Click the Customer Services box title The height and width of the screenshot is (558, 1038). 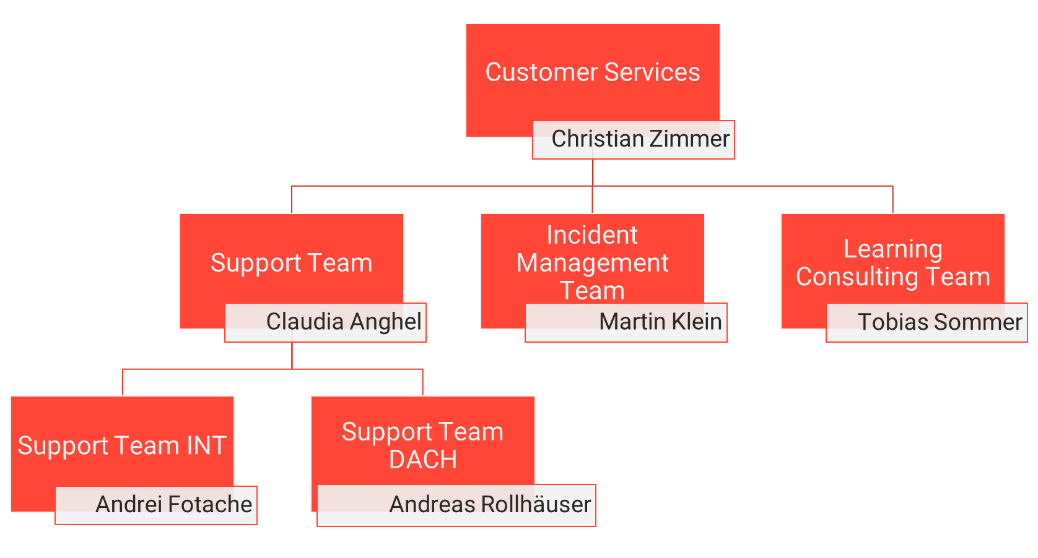(x=592, y=72)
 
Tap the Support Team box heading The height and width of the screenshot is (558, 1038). (x=291, y=263)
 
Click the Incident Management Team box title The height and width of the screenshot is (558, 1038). (x=592, y=263)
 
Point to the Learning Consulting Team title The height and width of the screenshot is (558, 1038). (x=892, y=263)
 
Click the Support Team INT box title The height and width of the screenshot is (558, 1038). (x=122, y=446)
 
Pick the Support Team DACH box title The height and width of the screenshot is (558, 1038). (x=422, y=445)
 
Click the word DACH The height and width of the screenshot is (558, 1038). (x=423, y=460)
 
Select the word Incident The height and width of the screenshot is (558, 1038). (x=592, y=235)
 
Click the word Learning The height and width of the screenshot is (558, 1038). (x=892, y=249)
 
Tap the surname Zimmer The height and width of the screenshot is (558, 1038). (x=689, y=139)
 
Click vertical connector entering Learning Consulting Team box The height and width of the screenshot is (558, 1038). (x=892, y=200)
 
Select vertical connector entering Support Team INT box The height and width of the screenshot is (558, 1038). (x=123, y=382)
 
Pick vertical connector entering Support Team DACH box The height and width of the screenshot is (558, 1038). (x=422, y=382)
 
